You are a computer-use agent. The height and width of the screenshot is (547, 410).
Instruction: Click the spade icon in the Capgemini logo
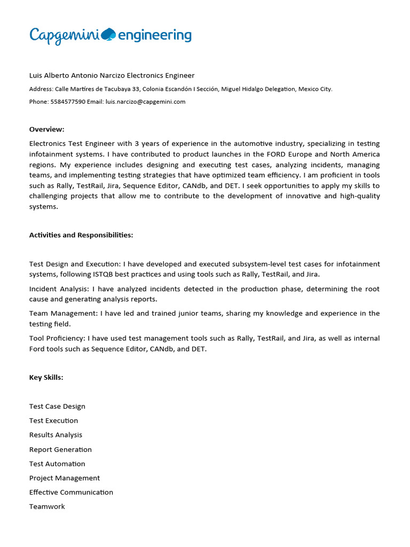(108, 34)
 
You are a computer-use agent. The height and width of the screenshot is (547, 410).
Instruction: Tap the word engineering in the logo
(154, 35)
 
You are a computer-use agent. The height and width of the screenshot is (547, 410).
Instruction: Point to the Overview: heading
(46, 129)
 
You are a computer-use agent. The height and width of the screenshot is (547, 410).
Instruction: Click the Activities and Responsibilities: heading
(81, 235)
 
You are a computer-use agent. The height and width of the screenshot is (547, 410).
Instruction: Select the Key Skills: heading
(46, 378)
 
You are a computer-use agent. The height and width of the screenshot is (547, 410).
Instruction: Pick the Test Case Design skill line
(57, 407)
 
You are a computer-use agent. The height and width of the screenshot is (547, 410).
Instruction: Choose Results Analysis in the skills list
(56, 435)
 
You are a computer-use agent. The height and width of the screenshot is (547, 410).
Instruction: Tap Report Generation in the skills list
(60, 449)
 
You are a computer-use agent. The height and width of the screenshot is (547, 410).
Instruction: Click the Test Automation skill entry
(57, 464)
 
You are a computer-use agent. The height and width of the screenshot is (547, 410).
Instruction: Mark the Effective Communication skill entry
(71, 492)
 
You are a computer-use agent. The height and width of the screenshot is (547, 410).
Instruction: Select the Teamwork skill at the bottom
(47, 506)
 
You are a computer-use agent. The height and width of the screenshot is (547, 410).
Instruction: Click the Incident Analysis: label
(59, 289)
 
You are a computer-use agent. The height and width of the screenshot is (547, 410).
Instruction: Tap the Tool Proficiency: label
(57, 338)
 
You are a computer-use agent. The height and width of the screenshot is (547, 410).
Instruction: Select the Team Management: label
(60, 314)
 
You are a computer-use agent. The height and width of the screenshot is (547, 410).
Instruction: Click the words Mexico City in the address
(315, 89)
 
